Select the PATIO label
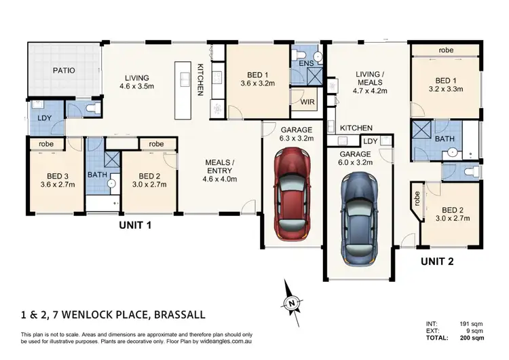(64, 70)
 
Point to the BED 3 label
(55, 174)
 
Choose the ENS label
(306, 64)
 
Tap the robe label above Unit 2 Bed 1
(446, 50)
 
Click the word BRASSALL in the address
(172, 315)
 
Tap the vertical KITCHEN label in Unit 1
(200, 79)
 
